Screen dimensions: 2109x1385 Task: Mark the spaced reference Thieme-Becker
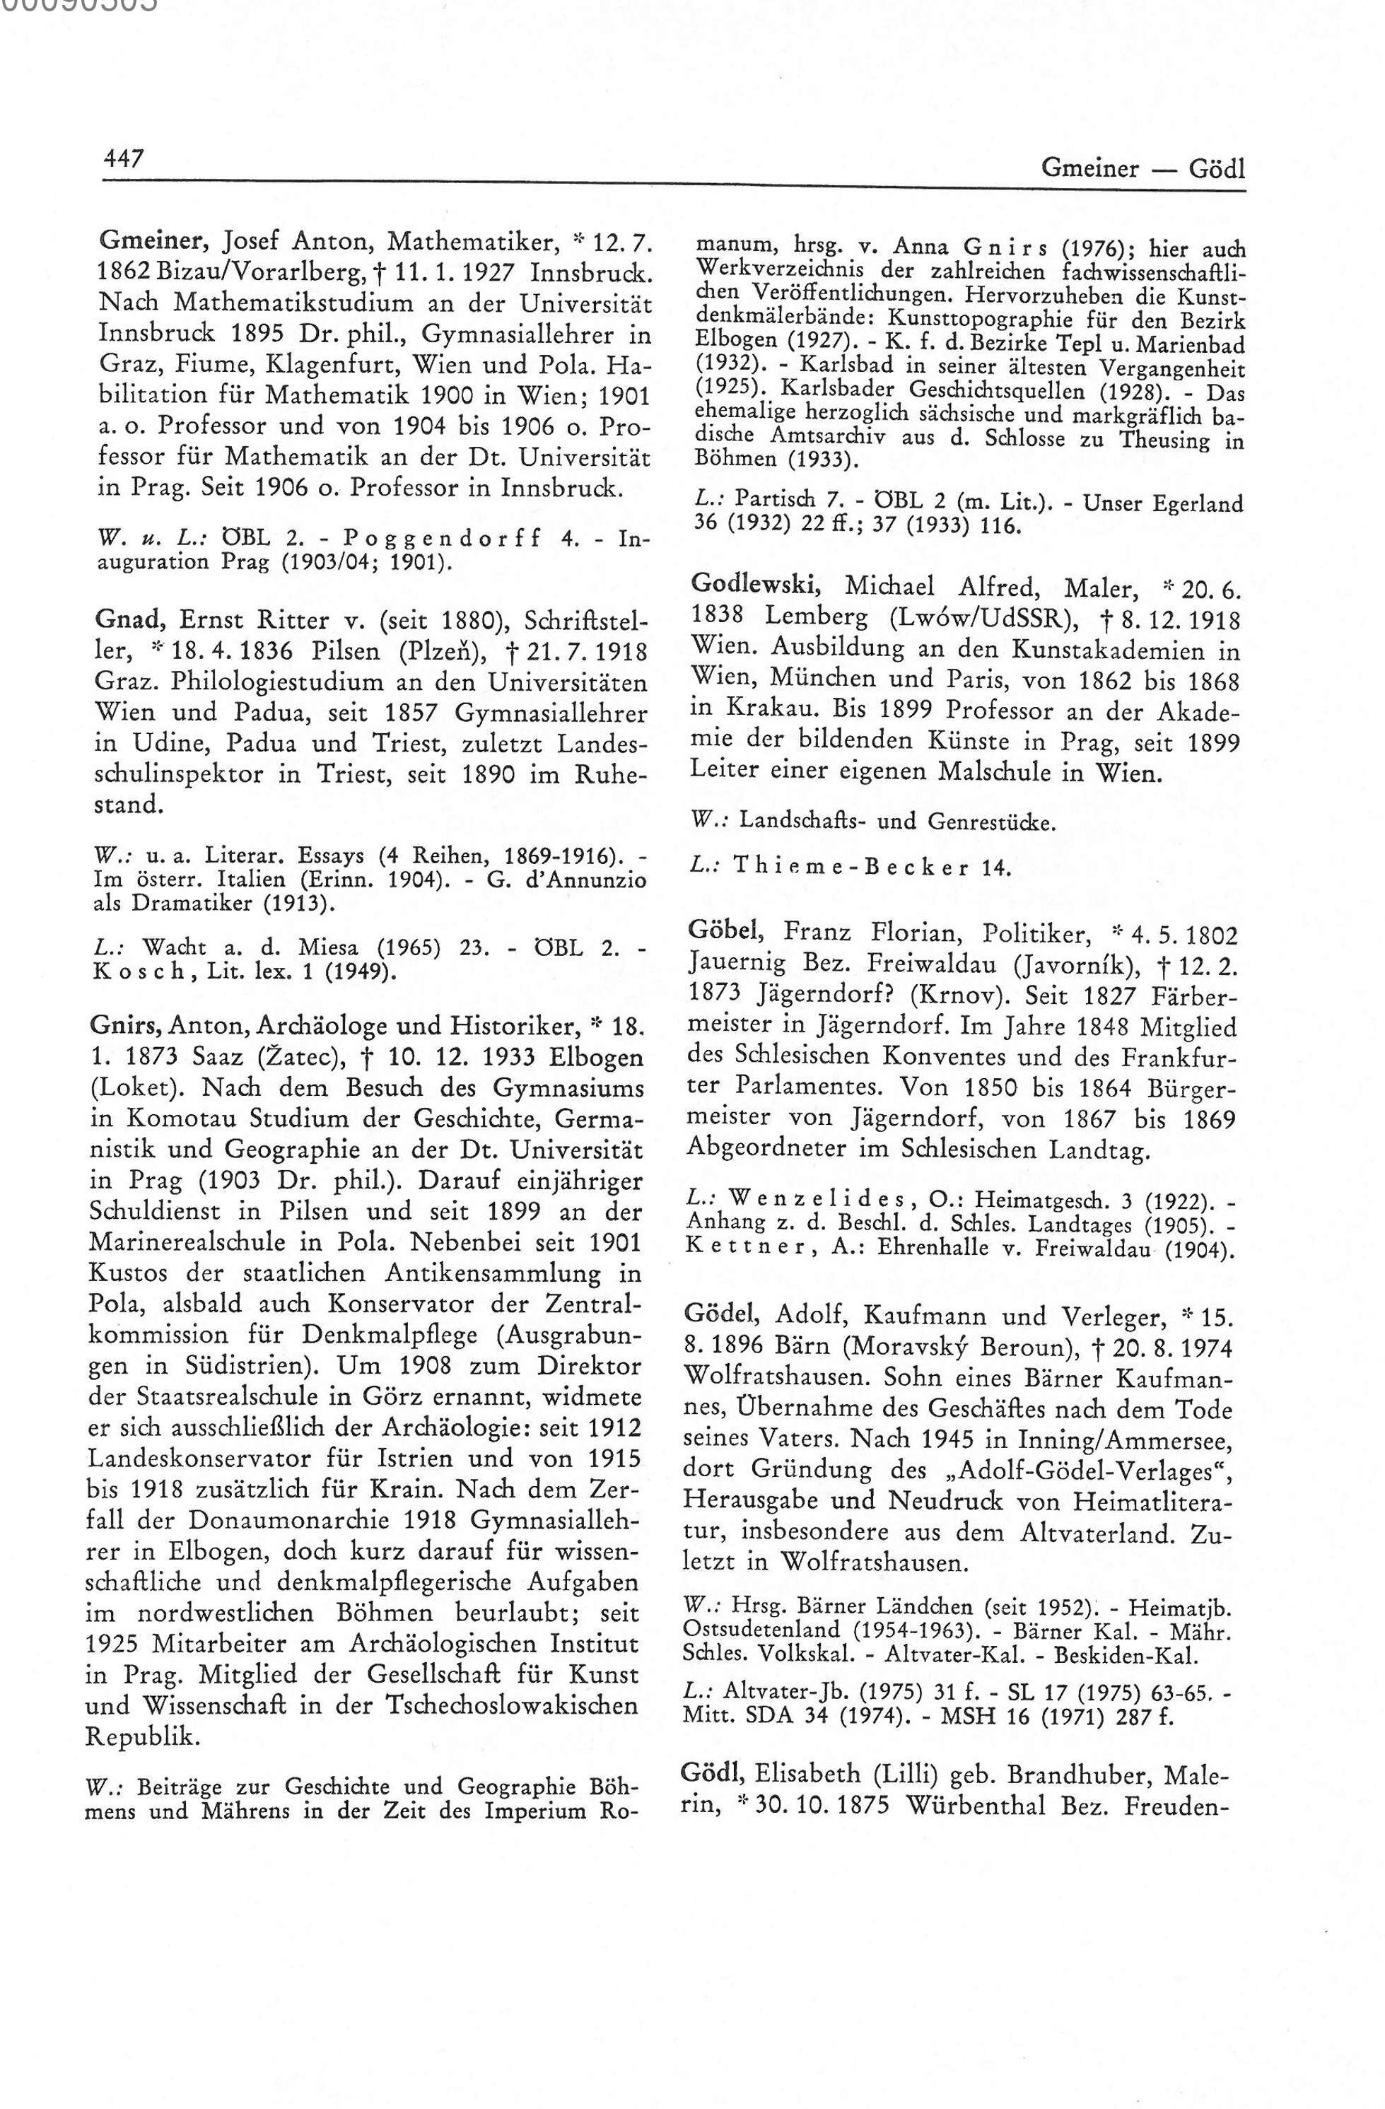[847, 868]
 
